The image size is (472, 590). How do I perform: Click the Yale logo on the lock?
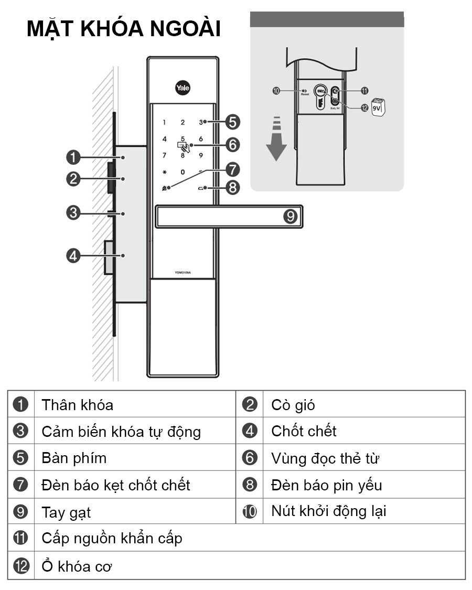click(183, 88)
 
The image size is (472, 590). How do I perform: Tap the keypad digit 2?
click(183, 123)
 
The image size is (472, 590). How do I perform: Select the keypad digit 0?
click(183, 172)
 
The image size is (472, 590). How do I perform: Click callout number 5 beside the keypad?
click(232, 122)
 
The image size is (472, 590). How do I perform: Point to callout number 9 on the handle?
click(291, 216)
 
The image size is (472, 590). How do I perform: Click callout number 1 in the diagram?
click(73, 157)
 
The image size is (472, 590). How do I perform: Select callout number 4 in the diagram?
click(73, 256)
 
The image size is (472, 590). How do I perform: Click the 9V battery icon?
click(378, 107)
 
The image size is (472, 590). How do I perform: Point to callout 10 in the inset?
click(276, 91)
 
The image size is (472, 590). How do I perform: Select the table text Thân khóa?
click(77, 405)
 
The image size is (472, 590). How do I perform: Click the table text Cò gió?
click(293, 405)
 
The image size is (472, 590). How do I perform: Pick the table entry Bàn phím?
click(74, 458)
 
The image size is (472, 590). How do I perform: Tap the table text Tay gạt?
click(66, 512)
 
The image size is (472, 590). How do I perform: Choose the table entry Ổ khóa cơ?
click(77, 566)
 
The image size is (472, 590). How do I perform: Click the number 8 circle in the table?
click(250, 485)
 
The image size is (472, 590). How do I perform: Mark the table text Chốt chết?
click(304, 431)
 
